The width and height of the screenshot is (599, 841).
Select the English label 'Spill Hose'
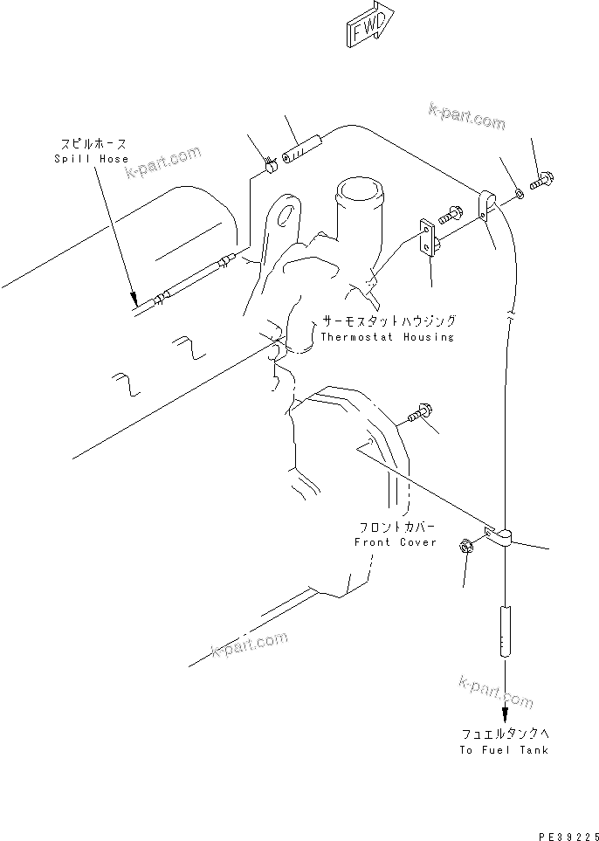[91, 158]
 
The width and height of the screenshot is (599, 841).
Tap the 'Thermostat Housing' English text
[387, 337]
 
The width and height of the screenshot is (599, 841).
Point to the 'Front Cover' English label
[395, 542]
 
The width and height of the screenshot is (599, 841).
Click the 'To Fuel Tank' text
[504, 750]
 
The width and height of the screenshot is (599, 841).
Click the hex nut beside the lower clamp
[465, 548]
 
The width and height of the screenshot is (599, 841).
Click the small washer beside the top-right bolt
[520, 194]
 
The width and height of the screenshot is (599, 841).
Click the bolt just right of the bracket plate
[453, 211]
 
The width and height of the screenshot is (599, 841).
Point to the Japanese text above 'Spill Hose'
[91, 144]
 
